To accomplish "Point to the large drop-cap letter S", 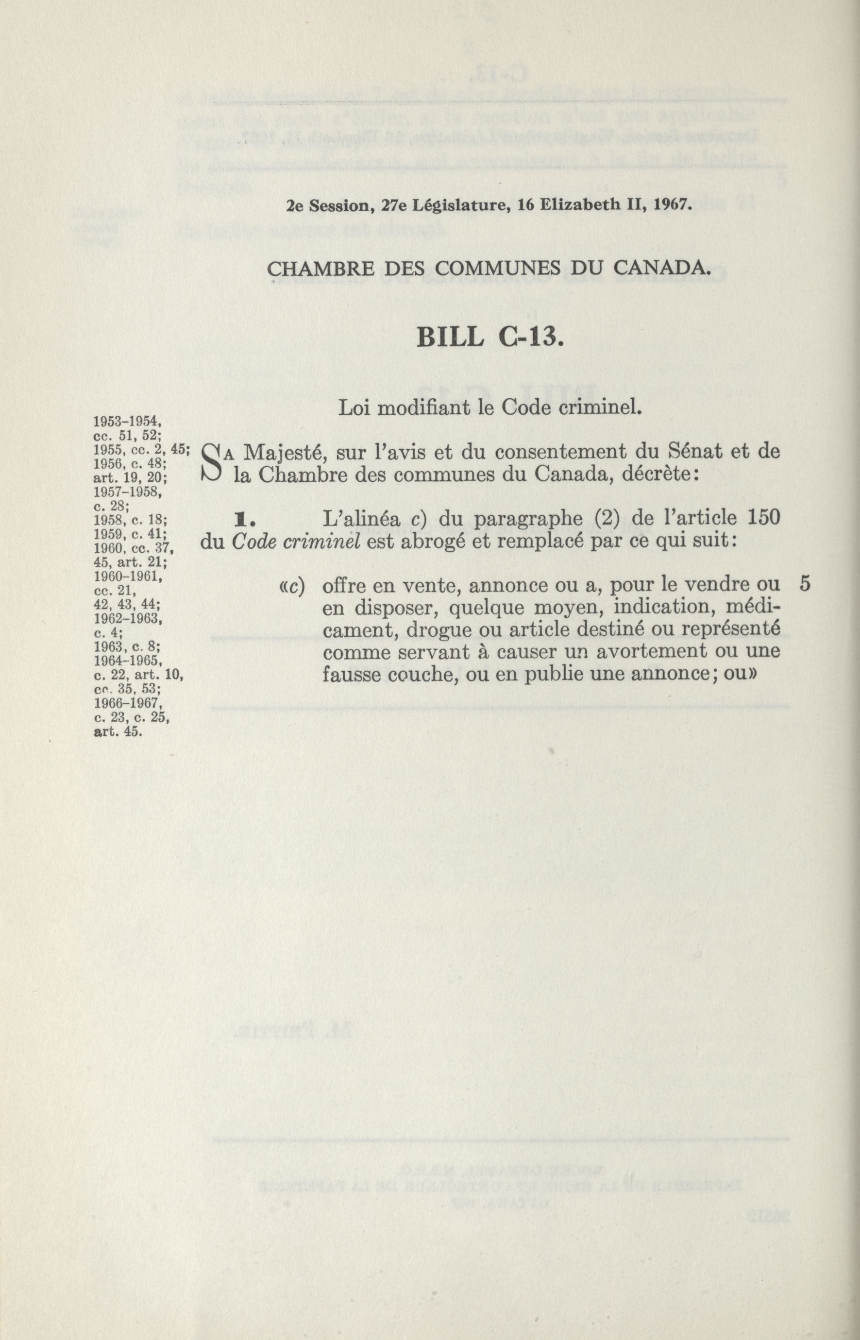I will click(x=213, y=463).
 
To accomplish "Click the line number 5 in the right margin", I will click(x=805, y=584).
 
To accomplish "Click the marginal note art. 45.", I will click(x=118, y=732).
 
